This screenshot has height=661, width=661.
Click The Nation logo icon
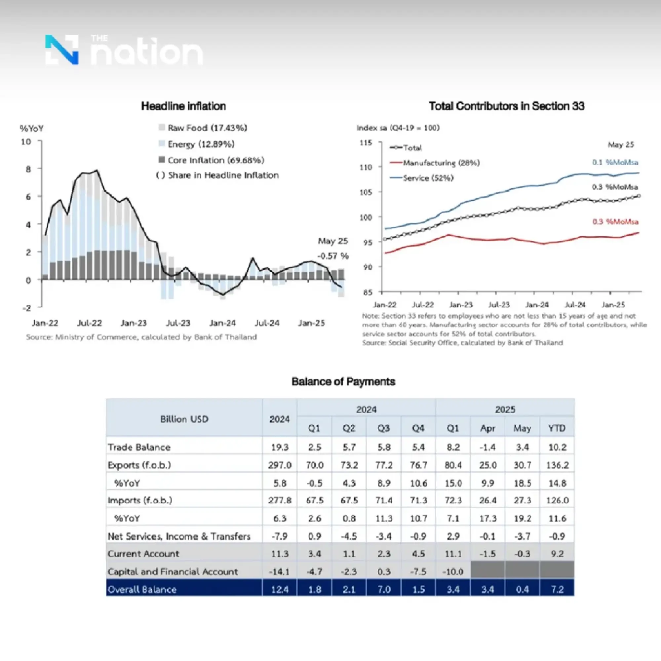click(62, 50)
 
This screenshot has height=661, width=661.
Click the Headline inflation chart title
click(183, 106)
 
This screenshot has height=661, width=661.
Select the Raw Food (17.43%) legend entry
click(207, 128)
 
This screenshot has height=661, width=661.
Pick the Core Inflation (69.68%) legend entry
click(215, 160)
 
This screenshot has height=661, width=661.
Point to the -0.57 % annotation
click(332, 256)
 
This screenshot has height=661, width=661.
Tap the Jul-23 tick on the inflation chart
click(178, 323)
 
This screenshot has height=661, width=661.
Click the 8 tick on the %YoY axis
click(28, 169)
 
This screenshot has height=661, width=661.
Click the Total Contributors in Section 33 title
click(506, 106)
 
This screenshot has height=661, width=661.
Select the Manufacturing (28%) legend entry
click(441, 163)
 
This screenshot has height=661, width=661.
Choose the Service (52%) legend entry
click(428, 178)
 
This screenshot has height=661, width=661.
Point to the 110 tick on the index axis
click(366, 167)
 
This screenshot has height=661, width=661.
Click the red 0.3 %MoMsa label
click(615, 222)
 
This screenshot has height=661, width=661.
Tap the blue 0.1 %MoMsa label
click(615, 162)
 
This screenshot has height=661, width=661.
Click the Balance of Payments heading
click(343, 381)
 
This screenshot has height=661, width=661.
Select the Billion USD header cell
click(184, 419)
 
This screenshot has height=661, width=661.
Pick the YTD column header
click(557, 428)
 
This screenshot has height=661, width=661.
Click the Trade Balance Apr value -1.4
click(487, 447)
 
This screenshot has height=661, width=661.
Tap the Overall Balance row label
click(142, 590)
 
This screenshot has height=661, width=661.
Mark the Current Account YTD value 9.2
click(557, 554)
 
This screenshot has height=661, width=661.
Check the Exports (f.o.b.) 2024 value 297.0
click(280, 465)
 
